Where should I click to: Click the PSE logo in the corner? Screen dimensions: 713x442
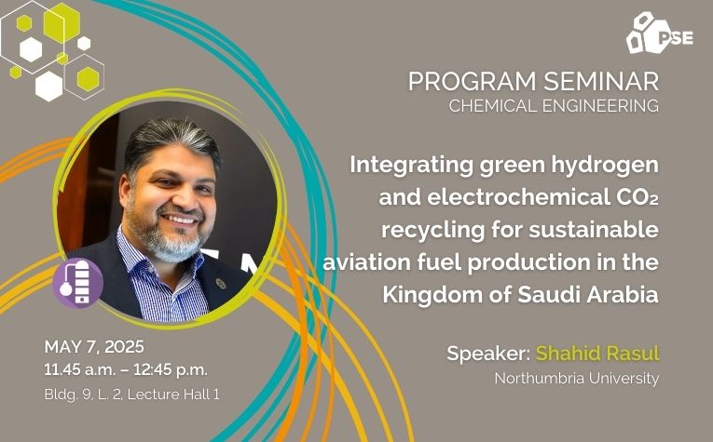[659, 33]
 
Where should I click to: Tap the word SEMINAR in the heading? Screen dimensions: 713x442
[601, 82]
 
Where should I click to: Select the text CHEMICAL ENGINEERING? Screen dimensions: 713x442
[554, 106]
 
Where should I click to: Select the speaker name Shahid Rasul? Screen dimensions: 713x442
[597, 354]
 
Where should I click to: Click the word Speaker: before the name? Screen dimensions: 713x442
[488, 354]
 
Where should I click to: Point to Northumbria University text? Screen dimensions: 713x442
[577, 379]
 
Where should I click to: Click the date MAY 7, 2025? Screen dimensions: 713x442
[94, 347]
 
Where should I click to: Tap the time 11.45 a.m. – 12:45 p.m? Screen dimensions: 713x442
[126, 369]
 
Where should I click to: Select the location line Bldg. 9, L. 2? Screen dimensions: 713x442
[83, 395]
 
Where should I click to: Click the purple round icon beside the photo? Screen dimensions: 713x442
[77, 283]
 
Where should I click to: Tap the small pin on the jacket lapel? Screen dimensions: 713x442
[221, 284]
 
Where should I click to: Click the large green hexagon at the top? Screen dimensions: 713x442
[62, 22]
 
